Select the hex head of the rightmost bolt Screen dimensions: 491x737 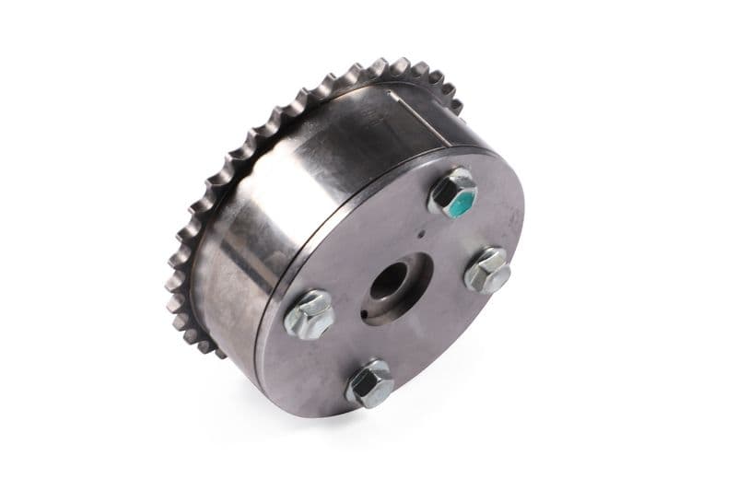click(488, 269)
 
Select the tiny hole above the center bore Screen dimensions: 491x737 click(420, 234)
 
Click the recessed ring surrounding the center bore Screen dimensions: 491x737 click(410, 299)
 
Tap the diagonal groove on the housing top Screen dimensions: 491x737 click(405, 106)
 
